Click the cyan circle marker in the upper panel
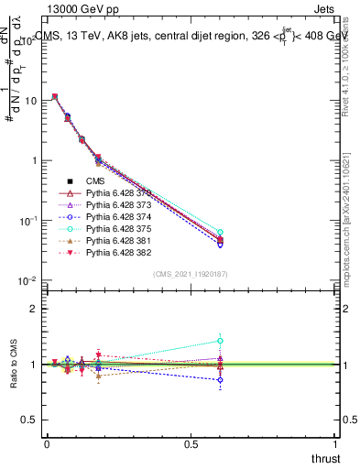pos(220,233)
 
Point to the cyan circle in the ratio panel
pos(220,341)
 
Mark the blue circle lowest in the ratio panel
pos(220,379)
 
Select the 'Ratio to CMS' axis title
pos(13,366)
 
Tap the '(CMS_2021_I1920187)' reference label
pos(191,274)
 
